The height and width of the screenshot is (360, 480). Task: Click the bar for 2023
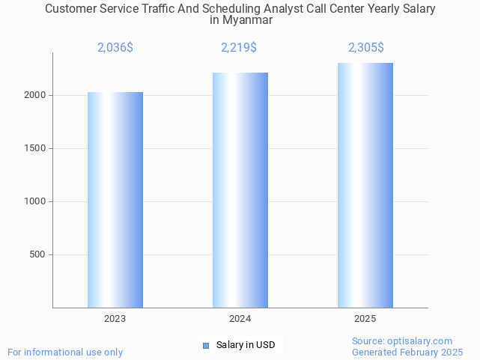pos(115,200)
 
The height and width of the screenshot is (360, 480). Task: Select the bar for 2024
pos(240,190)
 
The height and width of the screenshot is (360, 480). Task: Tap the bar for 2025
pos(365,186)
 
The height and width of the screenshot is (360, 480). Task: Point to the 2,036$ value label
pos(115,48)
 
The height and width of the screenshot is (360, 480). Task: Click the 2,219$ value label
pos(239,48)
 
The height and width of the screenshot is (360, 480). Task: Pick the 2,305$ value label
pos(366,48)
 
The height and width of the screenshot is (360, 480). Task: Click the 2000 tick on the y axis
pos(37,96)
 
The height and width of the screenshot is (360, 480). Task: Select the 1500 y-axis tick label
pos(37,148)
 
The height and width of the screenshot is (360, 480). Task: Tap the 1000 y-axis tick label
pos(37,201)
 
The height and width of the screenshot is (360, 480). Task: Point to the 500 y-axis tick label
pos(39,254)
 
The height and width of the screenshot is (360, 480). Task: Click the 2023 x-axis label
pos(115,319)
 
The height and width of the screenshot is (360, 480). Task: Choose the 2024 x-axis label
pos(240,319)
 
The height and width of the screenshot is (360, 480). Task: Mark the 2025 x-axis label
pos(365,319)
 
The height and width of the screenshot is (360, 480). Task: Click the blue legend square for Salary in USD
pos(206,345)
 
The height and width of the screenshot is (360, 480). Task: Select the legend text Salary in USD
pos(246,345)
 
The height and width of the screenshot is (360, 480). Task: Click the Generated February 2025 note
pos(407,352)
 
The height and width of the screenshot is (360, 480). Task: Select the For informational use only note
pos(65,352)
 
